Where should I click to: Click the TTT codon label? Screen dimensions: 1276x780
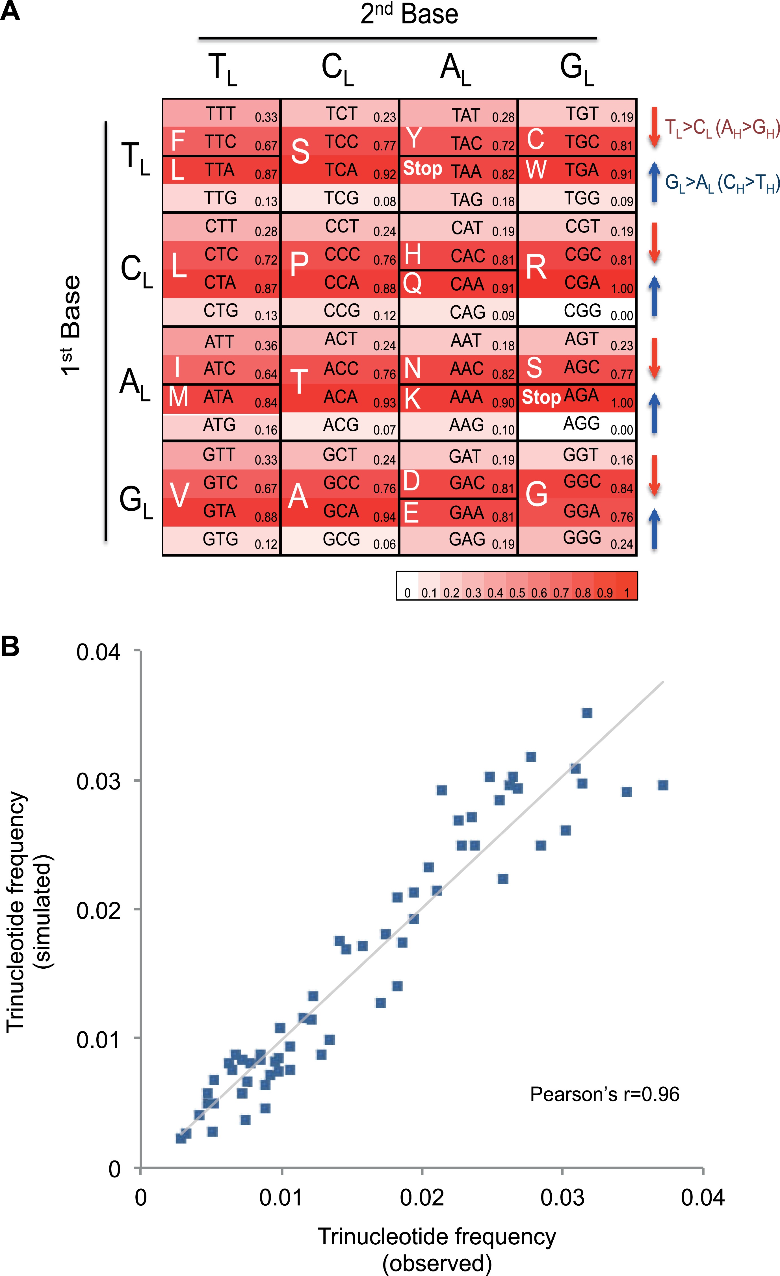pos(221,113)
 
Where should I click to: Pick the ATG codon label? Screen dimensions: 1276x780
pos(220,425)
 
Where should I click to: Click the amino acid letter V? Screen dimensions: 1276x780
pos(179,495)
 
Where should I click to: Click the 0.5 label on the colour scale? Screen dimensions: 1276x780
pos(517,593)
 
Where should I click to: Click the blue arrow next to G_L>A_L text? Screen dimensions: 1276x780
pos(654,182)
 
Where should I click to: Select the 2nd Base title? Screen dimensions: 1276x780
pos(409,14)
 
